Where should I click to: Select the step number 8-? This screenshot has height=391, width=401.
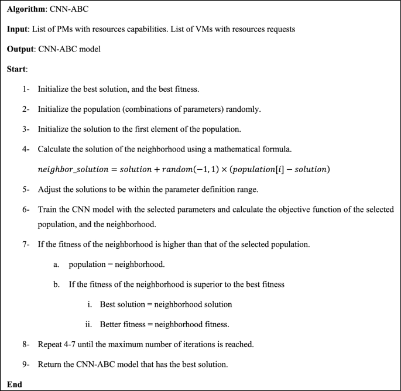tap(26, 344)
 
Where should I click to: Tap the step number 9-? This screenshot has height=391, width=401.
tap(26, 364)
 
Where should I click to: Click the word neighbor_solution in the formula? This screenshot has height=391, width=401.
tap(74, 170)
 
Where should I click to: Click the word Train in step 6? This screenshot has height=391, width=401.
tap(47, 209)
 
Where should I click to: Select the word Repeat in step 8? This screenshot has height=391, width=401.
tap(50, 344)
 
